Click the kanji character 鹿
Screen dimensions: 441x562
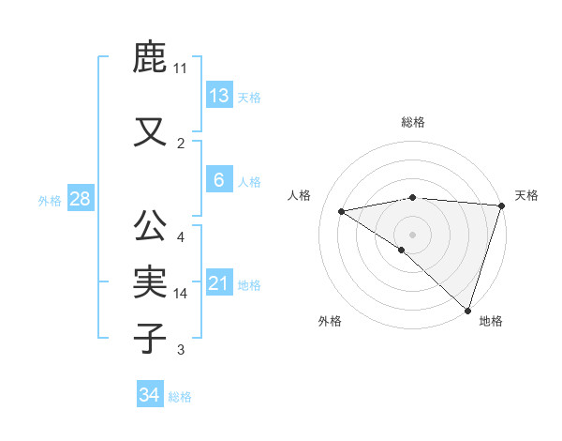pos(151,58)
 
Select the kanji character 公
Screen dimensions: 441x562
pos(151,226)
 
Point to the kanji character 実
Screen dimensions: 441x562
pos(151,281)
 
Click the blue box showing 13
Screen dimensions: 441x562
pos(218,96)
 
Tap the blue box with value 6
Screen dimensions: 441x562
pos(218,180)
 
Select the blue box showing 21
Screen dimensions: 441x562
pos(219,283)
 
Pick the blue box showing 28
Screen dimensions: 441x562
pos(80,199)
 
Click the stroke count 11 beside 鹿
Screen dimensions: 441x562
pos(181,68)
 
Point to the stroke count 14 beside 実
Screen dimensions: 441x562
pos(181,294)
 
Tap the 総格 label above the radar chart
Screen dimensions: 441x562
pos(413,122)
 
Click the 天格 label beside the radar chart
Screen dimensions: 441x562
pos(526,195)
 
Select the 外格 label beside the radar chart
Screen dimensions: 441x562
pos(330,321)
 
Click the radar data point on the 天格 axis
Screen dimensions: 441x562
pos(502,205)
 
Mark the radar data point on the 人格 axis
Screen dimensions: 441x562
pos(341,211)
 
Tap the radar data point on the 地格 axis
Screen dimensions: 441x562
pos(467,310)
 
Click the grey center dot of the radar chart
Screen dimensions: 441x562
pos(412,234)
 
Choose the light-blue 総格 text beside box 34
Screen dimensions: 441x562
pos(180,397)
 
